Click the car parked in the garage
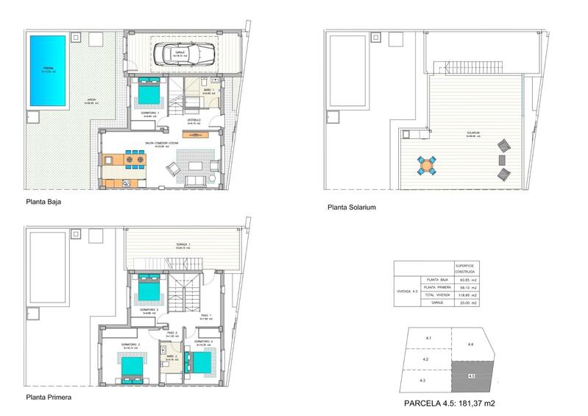183,53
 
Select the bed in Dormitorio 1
151,93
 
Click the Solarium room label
472,134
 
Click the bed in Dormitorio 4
199,361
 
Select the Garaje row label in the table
429,303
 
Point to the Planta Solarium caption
352,208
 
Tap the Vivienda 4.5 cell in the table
406,291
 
